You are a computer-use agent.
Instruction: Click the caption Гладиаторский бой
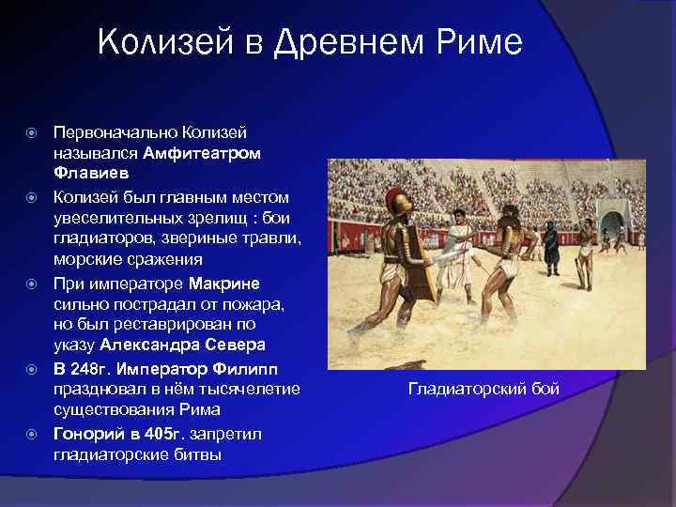pos(484,388)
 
